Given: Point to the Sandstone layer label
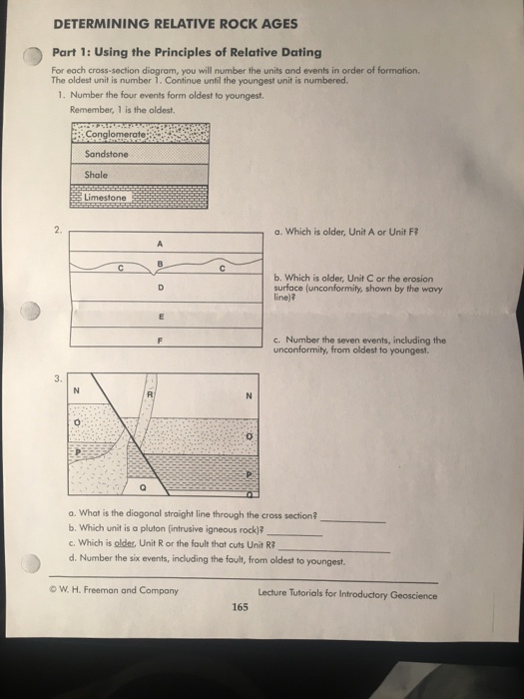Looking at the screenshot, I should point(106,155).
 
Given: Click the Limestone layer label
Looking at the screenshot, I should point(107,198).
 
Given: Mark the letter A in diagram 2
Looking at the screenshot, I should point(159,242).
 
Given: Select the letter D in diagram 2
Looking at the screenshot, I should point(159,290).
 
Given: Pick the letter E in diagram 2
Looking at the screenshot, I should point(159,315).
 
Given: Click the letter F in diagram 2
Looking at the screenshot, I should point(159,338).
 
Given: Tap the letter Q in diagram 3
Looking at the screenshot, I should point(144,488).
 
